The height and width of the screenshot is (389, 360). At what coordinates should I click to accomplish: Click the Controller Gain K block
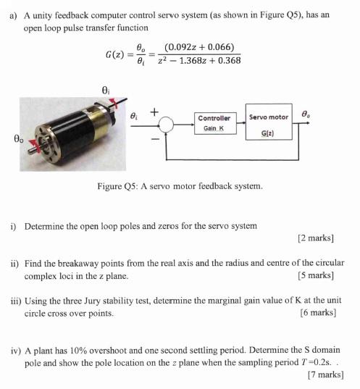click(214, 122)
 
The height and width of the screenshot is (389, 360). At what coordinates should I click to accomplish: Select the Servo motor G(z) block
click(268, 124)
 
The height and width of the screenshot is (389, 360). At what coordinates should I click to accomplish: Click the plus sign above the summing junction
click(154, 112)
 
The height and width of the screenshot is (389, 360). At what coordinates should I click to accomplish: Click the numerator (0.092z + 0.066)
click(198, 48)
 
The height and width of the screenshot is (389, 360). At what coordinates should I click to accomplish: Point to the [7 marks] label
click(325, 375)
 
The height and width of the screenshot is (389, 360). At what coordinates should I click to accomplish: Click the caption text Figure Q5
click(115, 186)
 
